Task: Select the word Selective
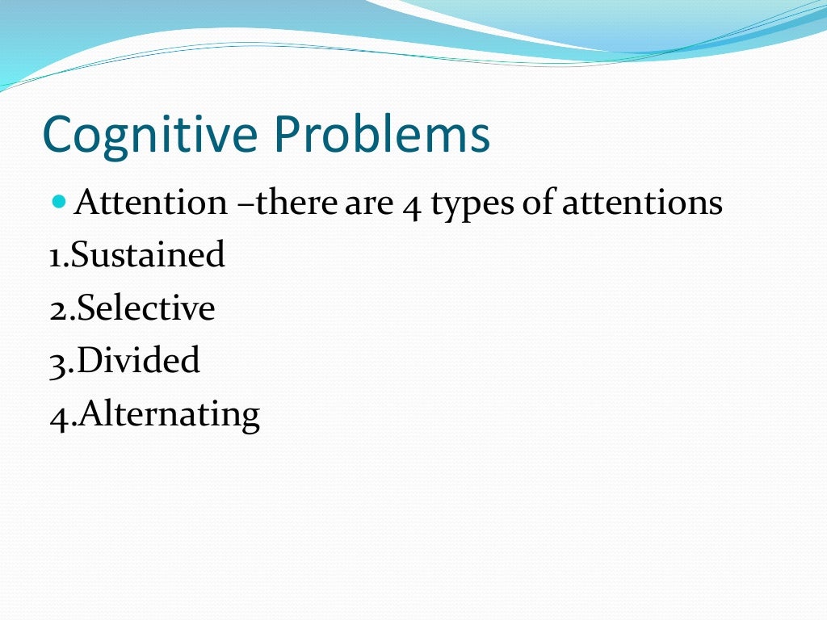146,308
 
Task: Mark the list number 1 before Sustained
55,257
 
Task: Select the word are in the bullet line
370,203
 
